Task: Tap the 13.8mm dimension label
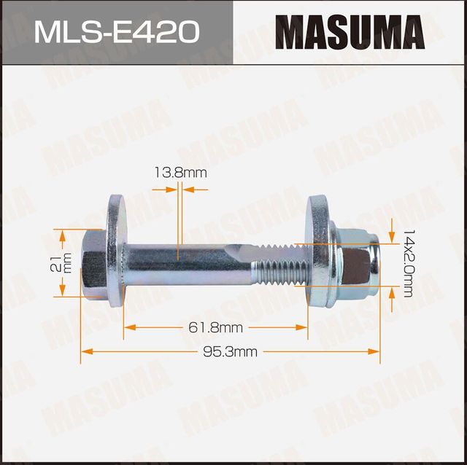pyautogui.click(x=180, y=173)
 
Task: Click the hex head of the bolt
pyautogui.click(x=94, y=262)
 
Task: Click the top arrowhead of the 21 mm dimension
pyautogui.click(x=62, y=233)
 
